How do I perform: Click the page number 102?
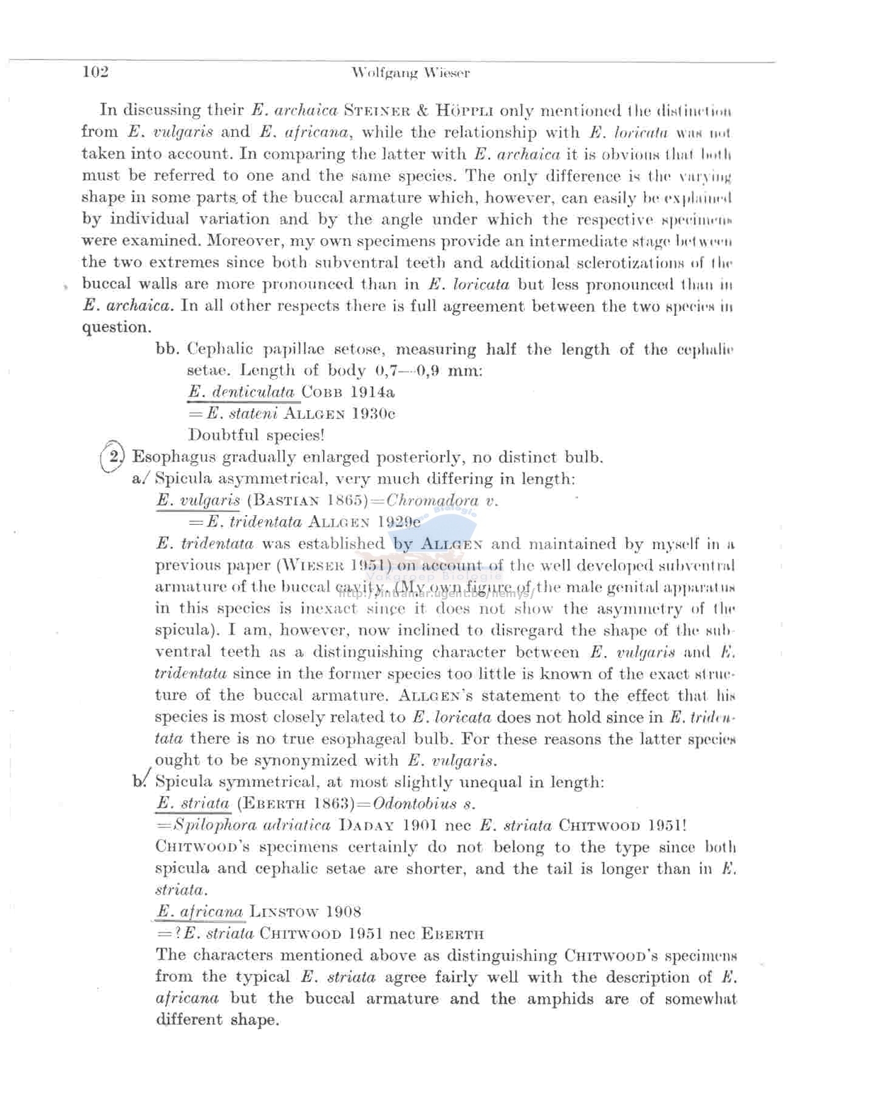[95, 72]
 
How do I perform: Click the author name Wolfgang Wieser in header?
[410, 74]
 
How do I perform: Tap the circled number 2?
[114, 456]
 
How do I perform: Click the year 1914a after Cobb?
[372, 392]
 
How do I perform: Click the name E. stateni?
[242, 414]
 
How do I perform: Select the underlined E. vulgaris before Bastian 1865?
[198, 500]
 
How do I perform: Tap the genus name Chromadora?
[432, 500]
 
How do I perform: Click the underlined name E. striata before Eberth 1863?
[193, 803]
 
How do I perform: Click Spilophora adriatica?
[252, 825]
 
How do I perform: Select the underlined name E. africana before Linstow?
[200, 911]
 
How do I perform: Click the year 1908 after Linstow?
[343, 911]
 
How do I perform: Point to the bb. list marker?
[168, 349]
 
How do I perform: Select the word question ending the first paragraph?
[116, 327]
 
